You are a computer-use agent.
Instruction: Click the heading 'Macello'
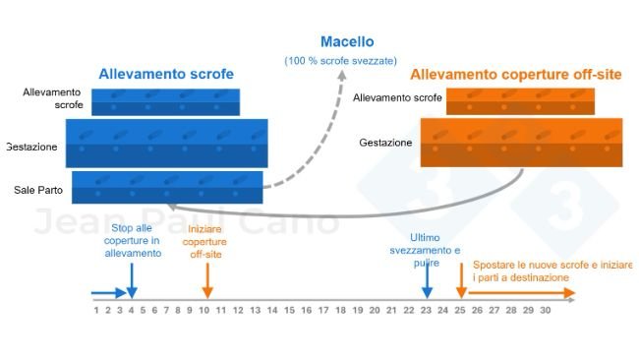pos(346,42)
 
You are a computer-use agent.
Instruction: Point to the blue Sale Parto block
pos(167,187)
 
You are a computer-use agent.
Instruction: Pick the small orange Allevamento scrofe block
pos(520,100)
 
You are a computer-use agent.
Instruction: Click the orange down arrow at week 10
pos(206,284)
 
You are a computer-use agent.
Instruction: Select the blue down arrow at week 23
pos(427,282)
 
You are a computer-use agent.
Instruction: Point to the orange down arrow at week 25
pos(460,284)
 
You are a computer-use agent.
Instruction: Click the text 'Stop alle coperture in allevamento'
pos(133,240)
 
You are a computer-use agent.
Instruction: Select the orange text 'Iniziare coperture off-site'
pos(205,241)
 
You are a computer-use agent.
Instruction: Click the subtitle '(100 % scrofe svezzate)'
pos(341,61)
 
